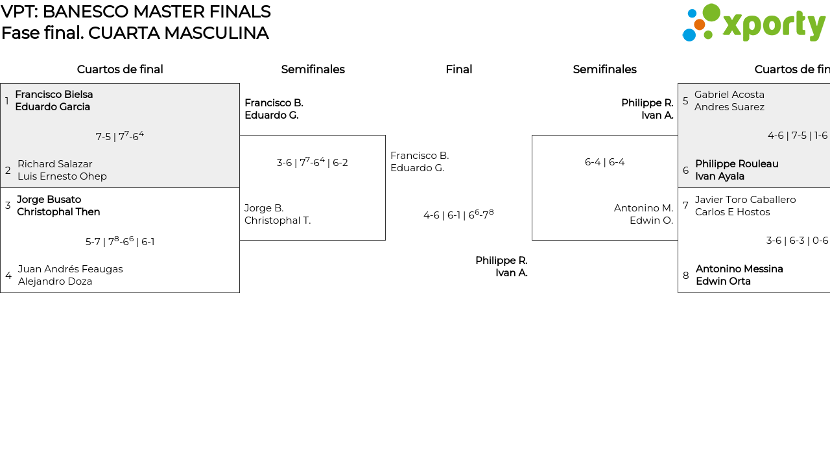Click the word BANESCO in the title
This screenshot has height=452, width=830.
86,12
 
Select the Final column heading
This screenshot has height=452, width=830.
458,69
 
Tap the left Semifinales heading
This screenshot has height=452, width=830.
313,69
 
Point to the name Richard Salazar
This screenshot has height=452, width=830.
55,164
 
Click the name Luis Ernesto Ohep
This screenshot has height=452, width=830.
62,176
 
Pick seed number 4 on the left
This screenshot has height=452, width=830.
8,275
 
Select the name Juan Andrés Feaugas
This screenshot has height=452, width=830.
71,269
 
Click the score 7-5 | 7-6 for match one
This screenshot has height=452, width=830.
120,136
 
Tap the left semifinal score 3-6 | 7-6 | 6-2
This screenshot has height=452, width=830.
313,162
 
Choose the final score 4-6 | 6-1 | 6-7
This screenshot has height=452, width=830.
458,215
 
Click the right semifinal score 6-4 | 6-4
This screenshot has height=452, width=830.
605,162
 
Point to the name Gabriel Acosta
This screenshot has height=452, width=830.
729,95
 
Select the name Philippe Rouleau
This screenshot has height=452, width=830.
737,164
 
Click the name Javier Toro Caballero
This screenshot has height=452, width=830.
745,200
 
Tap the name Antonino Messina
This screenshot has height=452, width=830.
739,269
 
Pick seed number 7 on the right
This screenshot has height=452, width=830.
685,206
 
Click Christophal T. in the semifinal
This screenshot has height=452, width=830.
278,220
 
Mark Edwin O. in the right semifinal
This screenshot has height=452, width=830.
652,220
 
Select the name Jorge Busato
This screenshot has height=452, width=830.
49,200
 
